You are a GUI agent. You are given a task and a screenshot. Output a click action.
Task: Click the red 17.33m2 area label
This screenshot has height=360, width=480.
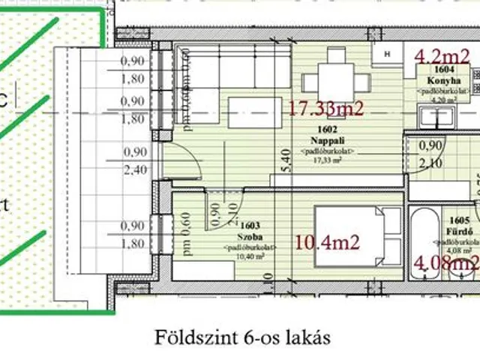click(325, 109)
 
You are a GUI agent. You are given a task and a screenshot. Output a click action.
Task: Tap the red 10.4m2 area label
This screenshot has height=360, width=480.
click(328, 241)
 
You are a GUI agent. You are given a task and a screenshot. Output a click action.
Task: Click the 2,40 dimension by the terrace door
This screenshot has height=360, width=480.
click(135, 169)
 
